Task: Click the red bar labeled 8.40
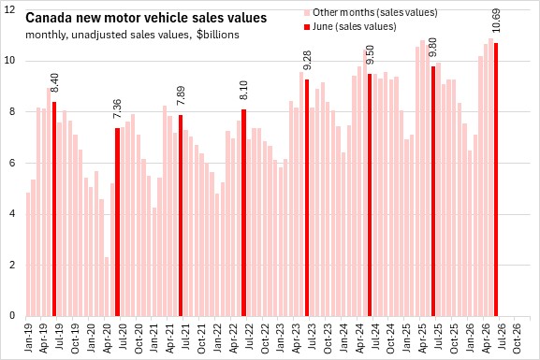coord(54,209)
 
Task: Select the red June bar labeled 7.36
coord(117,222)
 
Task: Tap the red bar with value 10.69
coord(496,180)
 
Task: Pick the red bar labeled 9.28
coord(307,197)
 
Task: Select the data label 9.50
coord(370,55)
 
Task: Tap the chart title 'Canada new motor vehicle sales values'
coord(146,18)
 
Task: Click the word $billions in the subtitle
coord(218,35)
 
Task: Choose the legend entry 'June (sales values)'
coord(350,26)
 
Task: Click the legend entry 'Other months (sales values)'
coord(371,13)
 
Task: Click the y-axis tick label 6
coord(12,163)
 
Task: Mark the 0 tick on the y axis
coord(12,316)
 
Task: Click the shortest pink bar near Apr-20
coord(107,286)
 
